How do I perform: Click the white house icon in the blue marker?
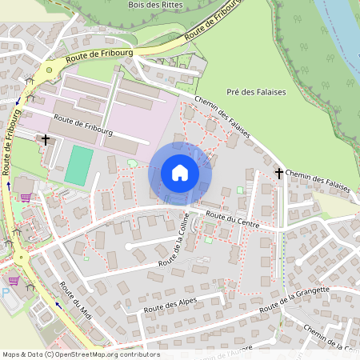(180, 173)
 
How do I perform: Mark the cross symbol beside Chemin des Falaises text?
(279, 173)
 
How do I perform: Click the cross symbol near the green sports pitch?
(46, 140)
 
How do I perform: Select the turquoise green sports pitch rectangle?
(78, 163)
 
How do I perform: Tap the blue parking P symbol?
(6, 294)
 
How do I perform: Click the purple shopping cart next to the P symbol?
(14, 281)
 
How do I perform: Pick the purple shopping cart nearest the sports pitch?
(26, 196)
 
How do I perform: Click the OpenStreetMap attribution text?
(81, 354)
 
